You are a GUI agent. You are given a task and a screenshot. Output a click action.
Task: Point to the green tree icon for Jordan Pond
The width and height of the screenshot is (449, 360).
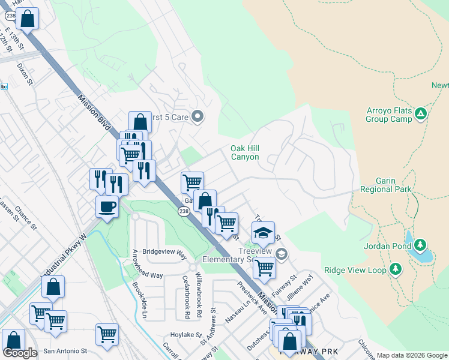coord(421,245)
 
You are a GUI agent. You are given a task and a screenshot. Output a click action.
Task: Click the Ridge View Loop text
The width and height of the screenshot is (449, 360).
coord(355,270)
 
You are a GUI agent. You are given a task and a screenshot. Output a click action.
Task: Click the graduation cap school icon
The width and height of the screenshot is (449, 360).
coord(262,232)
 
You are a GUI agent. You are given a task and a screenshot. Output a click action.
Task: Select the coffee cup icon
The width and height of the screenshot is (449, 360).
coord(107,206)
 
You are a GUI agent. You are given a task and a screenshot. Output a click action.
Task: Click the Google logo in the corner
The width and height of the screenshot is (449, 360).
coord(20,352)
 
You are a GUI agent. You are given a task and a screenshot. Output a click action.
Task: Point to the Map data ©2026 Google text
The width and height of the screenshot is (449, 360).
coord(412,355)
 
